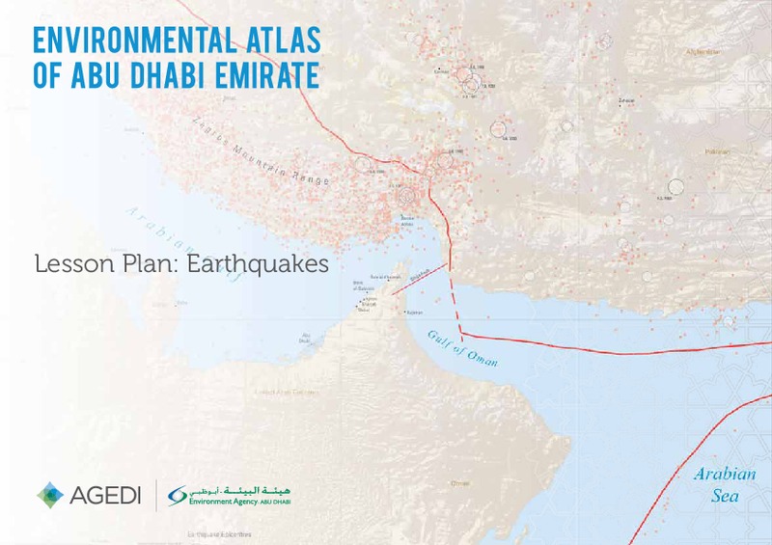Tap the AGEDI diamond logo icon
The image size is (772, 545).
(51, 496)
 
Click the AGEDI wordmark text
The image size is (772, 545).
(105, 496)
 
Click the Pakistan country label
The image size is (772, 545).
(715, 152)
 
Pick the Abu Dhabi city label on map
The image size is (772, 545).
(305, 339)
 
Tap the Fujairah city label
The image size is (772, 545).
(414, 313)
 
